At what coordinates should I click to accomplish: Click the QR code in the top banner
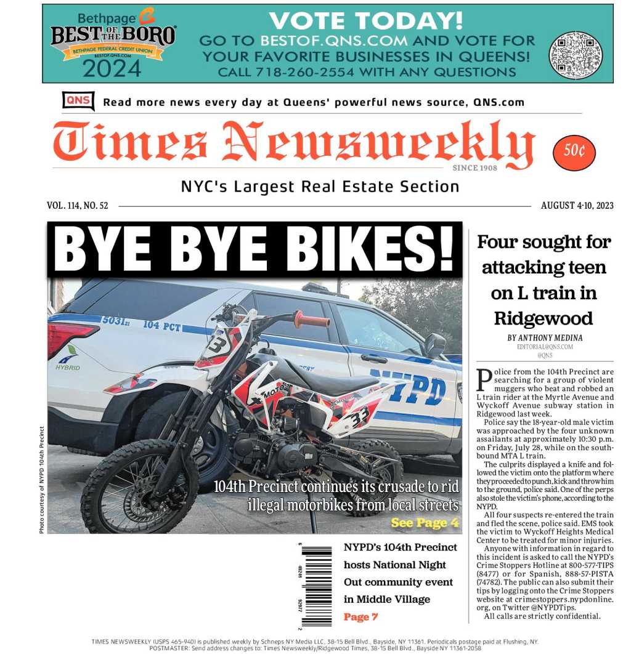coord(575,55)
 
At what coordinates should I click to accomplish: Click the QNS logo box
coord(78,101)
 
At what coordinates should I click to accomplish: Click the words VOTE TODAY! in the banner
coord(366,21)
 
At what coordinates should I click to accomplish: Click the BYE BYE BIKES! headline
coord(254,249)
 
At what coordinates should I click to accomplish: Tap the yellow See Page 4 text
coord(425,523)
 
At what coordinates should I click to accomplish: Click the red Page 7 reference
coord(360,616)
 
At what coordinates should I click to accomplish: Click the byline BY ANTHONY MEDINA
coord(545,338)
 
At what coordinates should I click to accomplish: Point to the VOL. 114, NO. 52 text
coord(78,206)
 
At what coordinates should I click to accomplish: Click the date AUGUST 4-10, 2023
coord(577,206)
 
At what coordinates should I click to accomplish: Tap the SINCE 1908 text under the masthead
coord(474,168)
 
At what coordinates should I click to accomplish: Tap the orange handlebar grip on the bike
coord(311,320)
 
